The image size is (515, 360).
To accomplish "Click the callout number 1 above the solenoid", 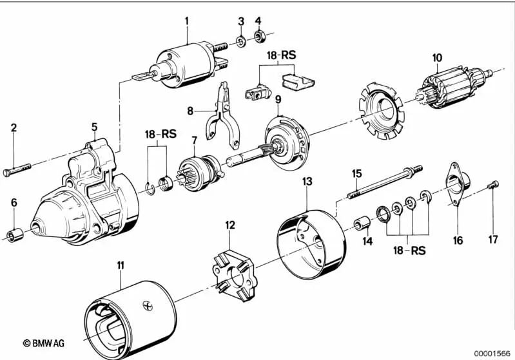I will coord(187,21).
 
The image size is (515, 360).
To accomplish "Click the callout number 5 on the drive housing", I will coord(94,127).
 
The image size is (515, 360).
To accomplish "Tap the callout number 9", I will coord(278,99).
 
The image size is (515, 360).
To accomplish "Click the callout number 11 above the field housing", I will coord(121,265).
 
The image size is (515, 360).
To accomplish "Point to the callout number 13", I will coord(307,182).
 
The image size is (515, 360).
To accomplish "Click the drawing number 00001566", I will coord(492,353).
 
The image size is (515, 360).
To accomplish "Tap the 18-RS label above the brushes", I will coord(278,55).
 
